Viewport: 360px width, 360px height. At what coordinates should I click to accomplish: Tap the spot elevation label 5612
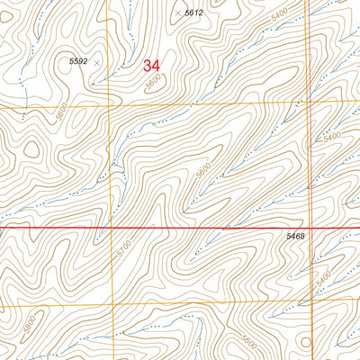click(x=193, y=13)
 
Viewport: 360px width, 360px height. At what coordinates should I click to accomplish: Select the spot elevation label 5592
click(x=79, y=61)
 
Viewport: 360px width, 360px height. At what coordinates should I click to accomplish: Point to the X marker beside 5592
click(x=97, y=63)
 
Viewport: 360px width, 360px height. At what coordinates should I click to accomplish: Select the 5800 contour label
click(x=30, y=320)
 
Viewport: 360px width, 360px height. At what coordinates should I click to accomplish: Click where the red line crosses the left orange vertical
click(x=110, y=229)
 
